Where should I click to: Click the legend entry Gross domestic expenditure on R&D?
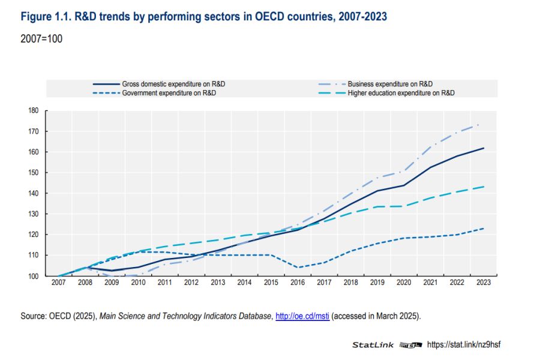coord(178,84)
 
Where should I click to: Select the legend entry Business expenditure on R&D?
coord(390,84)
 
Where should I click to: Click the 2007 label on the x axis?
coord(58,283)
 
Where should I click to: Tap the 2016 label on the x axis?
coord(298,283)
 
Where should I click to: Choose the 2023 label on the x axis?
coord(483,283)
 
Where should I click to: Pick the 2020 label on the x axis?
coord(403,283)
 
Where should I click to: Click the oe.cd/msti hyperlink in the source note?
coord(303,316)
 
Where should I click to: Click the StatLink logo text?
coord(373,345)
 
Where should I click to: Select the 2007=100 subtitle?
coord(41,39)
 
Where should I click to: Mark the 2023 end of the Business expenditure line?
coord(478,124)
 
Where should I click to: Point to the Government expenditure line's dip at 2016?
coord(298,268)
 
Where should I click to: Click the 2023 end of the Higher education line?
coord(483,187)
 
